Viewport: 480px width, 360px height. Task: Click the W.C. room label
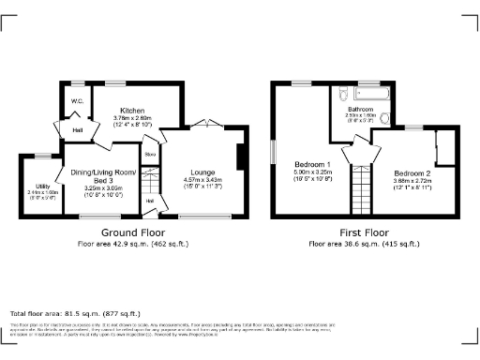[x=78, y=100]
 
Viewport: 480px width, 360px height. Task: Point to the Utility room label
[x=43, y=187]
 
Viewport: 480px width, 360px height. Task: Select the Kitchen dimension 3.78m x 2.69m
[x=126, y=117]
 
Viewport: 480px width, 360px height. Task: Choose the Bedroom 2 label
[x=412, y=174]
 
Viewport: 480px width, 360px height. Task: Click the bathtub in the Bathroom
[x=368, y=94]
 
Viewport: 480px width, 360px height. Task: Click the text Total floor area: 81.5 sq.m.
[x=75, y=313]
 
